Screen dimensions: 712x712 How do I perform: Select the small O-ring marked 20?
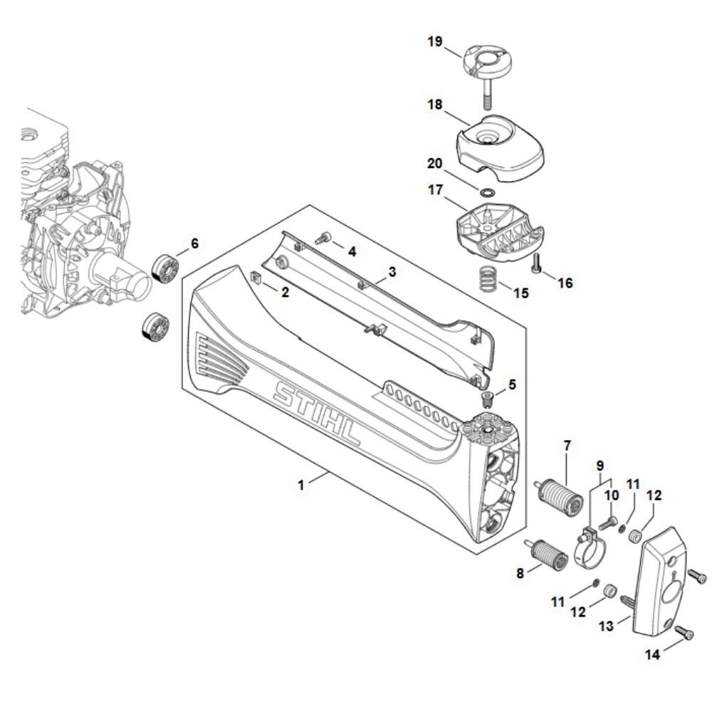tap(486, 192)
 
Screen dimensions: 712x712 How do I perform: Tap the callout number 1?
tap(301, 485)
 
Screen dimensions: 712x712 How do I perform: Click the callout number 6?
tap(194, 244)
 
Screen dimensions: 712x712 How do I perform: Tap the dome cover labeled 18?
tap(498, 150)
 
